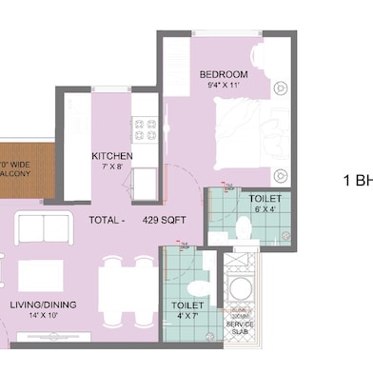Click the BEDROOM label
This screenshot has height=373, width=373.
tap(224, 74)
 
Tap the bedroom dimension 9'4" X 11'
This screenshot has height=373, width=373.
tap(224, 86)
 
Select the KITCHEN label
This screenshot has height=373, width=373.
tap(111, 157)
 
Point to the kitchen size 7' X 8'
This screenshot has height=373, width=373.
tap(111, 168)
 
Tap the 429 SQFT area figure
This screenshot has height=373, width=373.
tap(165, 220)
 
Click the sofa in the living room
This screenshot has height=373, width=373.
tap(44, 228)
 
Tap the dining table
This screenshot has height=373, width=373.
tap(128, 285)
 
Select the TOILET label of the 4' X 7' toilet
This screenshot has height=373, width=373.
tap(186, 306)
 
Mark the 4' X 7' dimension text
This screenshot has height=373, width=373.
tap(186, 318)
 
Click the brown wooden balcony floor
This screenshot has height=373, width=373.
tap(19, 171)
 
